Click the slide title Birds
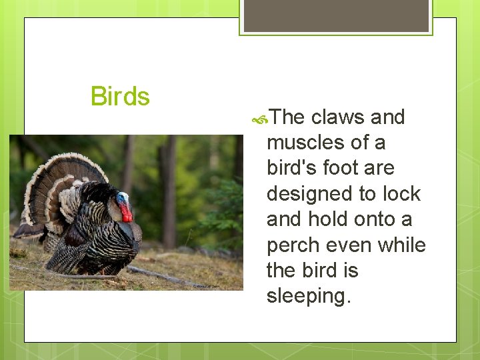click(x=120, y=97)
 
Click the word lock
click(x=401, y=194)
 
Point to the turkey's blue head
click(x=122, y=199)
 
